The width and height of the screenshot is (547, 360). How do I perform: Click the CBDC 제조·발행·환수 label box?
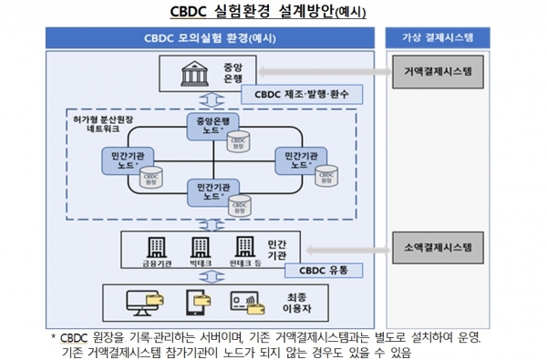pos(296,94)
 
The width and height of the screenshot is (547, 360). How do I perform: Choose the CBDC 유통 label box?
pos(324,270)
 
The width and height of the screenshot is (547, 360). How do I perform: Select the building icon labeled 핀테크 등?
pos(243,245)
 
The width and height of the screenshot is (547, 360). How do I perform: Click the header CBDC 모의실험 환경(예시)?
pos(210,38)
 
